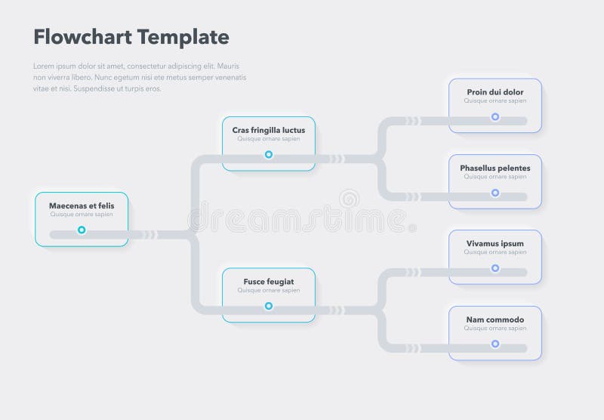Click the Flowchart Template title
[131, 37]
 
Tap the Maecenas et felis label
[82, 205]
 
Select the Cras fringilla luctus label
[269, 130]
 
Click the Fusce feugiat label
[269, 282]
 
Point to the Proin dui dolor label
[495, 92]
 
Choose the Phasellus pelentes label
[495, 168]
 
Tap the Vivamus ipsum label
[495, 243]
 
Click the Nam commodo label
[495, 320]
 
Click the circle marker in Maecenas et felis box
[82, 230]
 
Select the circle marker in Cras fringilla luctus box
[269, 155]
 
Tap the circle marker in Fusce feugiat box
[269, 306]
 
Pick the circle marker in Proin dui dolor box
[495, 117]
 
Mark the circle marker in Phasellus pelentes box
[495, 193]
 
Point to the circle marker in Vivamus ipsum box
[495, 268]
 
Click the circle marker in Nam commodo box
[495, 344]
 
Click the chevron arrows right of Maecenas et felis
[149, 234]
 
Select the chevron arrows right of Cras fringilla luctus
[337, 159]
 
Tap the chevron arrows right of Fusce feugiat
[337, 310]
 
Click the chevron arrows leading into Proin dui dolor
[412, 121]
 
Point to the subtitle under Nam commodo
[495, 329]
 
